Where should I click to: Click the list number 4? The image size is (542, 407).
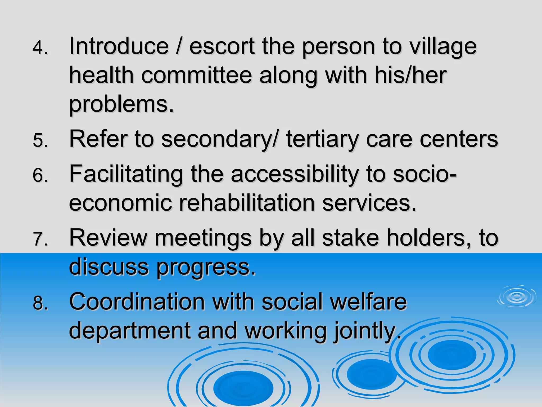pos(40,48)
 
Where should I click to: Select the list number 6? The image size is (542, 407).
pos(40,175)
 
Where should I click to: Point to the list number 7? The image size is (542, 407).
pos(40,239)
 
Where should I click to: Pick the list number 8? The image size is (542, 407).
pos(40,303)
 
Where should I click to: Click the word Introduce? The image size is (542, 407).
pos(119,46)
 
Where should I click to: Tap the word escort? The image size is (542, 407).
pos(222,46)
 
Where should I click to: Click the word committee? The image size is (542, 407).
pos(196,75)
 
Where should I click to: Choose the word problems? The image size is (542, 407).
pos(121,105)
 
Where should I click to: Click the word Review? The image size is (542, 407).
pos(108,238)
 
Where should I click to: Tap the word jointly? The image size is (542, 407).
pos(367,331)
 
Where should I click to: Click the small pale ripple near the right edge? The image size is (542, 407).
pos(516,297)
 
